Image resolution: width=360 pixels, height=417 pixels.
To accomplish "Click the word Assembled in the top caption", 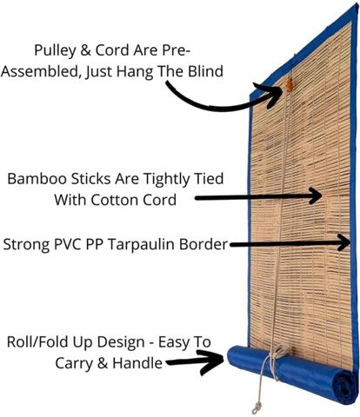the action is (x=41, y=72).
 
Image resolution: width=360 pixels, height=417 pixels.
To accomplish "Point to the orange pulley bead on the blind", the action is (x=289, y=85).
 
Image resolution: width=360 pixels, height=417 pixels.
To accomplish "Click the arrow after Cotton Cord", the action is (x=258, y=197).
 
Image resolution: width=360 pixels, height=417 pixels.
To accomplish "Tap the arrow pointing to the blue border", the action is (x=290, y=244).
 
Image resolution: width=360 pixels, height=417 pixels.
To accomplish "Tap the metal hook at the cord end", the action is (x=256, y=407).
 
